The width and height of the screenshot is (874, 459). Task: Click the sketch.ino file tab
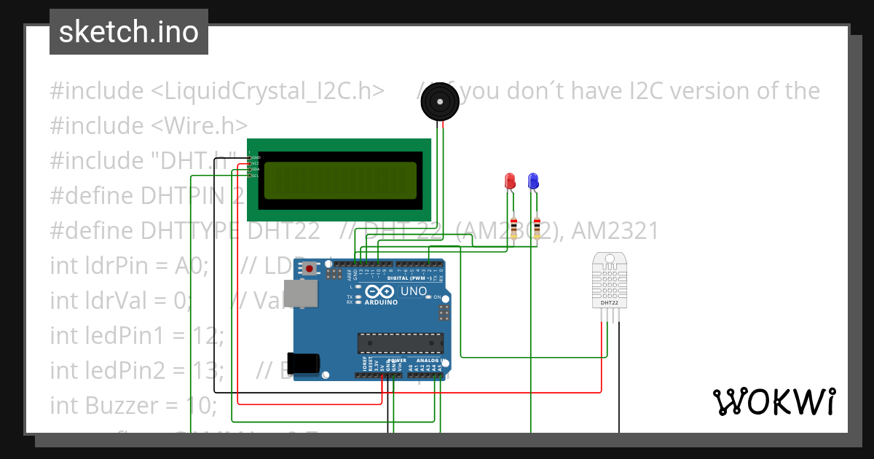pos(129,32)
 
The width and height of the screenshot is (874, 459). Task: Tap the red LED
pos(510,181)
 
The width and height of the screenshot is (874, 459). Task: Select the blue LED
pos(533,181)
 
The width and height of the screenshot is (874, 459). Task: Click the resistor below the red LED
pos(514,227)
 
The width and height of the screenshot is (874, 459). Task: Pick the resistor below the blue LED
pos(538,227)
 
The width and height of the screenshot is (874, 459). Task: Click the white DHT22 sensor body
pos(609,280)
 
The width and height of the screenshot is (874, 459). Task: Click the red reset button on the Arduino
pos(310,268)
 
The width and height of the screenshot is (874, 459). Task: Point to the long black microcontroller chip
pos(400,342)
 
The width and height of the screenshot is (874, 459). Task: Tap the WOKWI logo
pos(773,401)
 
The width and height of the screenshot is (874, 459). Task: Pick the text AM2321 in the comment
pos(615,231)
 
